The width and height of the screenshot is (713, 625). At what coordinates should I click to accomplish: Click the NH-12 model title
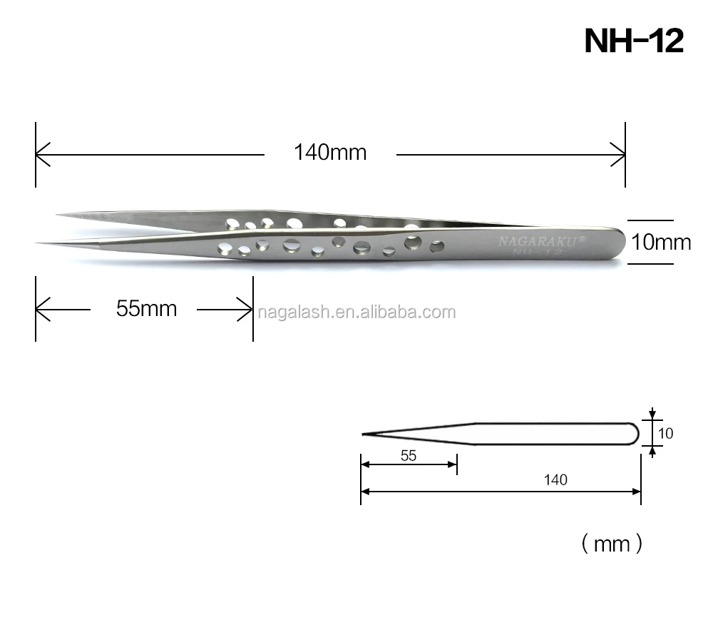coord(633,41)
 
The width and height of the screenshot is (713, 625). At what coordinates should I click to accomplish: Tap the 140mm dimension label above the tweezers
coord(330,153)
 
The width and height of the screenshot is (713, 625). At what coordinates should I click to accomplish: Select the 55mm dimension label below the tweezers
coord(146,309)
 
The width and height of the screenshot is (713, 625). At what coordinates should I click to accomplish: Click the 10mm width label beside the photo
coord(662,243)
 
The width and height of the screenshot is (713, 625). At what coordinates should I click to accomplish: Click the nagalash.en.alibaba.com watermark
coord(356,312)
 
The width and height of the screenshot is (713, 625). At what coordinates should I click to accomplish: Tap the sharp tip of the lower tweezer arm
coord(39,243)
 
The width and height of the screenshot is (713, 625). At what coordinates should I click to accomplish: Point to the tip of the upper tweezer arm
coord(58,213)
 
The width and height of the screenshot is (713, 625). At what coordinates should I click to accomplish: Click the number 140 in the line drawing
coord(555,480)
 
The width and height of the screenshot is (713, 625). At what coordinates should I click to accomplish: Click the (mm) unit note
coord(612,544)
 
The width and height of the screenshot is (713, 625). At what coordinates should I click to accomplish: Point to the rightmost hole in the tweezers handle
coord(437,248)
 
